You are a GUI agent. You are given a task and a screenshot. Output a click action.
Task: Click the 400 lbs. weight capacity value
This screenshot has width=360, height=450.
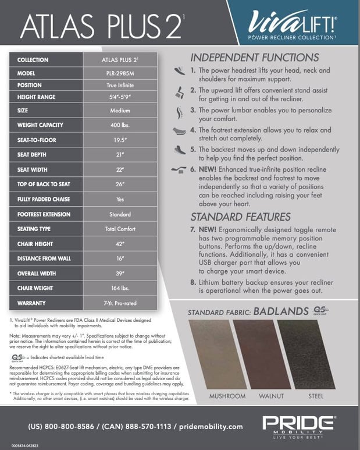(120, 125)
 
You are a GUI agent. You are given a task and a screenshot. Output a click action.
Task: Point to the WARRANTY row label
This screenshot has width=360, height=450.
(32, 303)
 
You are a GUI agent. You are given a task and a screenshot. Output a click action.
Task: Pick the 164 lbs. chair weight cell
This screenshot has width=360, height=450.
(120, 288)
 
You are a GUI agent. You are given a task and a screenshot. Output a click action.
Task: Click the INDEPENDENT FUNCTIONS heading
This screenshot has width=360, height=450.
(255, 58)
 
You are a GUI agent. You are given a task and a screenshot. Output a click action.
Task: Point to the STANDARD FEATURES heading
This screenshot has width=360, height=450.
(241, 217)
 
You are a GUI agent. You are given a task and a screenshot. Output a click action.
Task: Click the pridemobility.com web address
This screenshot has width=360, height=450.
(208, 426)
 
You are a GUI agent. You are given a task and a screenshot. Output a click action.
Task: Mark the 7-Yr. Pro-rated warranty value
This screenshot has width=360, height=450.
(120, 303)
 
